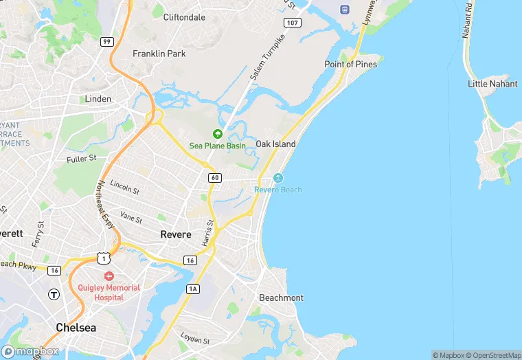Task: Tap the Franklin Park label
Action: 159,54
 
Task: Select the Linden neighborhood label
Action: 98,99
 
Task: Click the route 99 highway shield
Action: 106,42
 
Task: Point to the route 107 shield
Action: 293,23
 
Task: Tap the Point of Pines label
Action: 350,65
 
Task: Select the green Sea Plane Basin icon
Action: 218,134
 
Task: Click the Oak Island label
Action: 275,144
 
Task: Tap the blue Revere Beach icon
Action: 277,179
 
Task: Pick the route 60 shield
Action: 215,178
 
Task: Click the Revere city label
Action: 176,234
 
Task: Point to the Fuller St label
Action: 82,159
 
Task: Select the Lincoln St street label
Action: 124,188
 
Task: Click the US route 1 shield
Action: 103,258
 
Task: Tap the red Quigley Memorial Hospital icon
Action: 109,275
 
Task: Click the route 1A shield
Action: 193,289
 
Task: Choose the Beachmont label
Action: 281,297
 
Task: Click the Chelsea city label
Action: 76,328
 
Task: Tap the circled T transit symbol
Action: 54,294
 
